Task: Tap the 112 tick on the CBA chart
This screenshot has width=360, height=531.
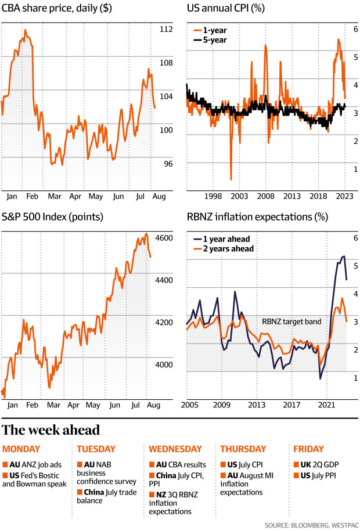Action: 167,30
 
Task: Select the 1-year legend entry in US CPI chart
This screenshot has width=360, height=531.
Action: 214,30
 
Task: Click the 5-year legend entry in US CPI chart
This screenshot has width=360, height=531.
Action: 214,40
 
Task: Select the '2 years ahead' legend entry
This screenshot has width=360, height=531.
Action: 223,249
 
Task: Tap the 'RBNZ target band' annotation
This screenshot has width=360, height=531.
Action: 291,321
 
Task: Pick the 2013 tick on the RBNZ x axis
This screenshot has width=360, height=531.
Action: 257,404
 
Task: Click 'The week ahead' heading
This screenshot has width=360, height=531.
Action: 51,430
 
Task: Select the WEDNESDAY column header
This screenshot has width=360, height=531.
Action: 175,449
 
